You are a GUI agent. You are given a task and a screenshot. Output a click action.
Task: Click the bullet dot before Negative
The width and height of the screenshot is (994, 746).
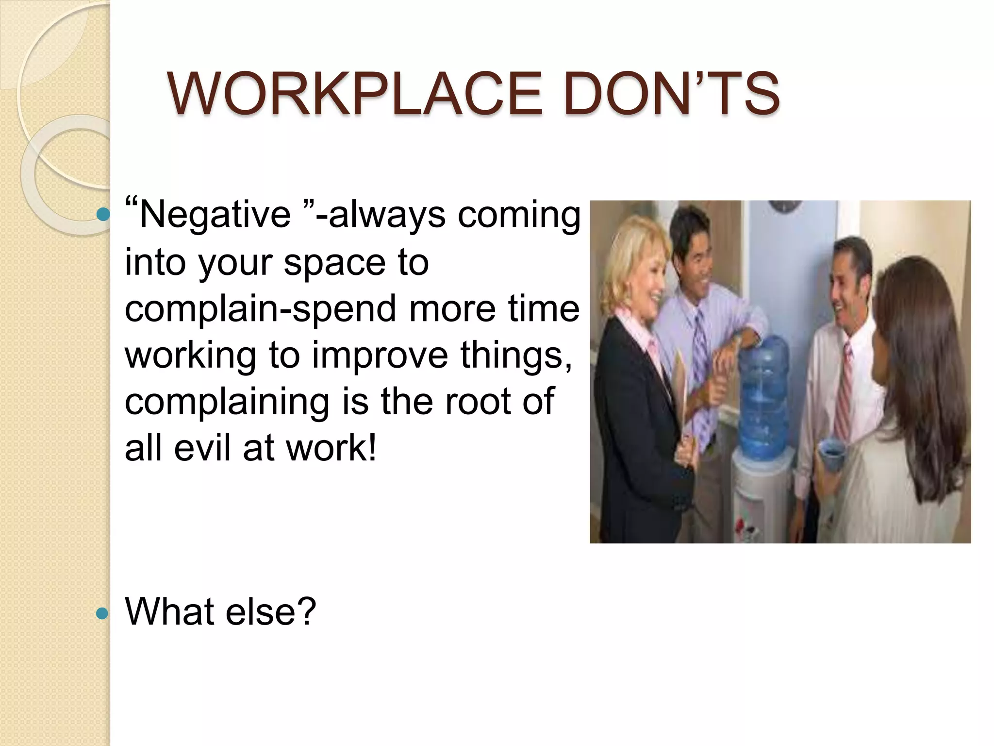pyautogui.click(x=102, y=214)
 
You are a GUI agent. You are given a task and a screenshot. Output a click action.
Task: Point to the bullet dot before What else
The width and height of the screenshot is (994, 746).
pyautogui.click(x=102, y=613)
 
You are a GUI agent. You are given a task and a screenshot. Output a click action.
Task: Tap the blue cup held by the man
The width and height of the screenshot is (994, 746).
pyautogui.click(x=831, y=455)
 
